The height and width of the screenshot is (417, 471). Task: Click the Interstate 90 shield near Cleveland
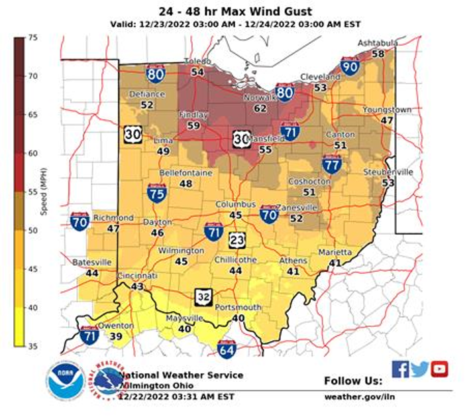click(x=350, y=66)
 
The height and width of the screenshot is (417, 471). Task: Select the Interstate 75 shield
click(x=156, y=193)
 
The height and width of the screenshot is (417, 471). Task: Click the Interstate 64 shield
click(x=227, y=349)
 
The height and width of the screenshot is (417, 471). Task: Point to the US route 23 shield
click(x=237, y=240)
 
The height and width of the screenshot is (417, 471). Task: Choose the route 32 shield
click(x=203, y=296)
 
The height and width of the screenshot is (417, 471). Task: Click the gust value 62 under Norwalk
click(x=260, y=108)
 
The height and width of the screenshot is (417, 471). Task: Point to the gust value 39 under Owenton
click(x=116, y=336)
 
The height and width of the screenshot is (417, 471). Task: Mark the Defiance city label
click(x=147, y=94)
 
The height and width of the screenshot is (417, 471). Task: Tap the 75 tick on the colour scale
click(x=32, y=38)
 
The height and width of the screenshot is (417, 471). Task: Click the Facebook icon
click(x=400, y=369)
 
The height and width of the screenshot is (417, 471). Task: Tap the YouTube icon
click(x=439, y=369)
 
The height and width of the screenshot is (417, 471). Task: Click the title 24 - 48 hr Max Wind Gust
click(x=236, y=11)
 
